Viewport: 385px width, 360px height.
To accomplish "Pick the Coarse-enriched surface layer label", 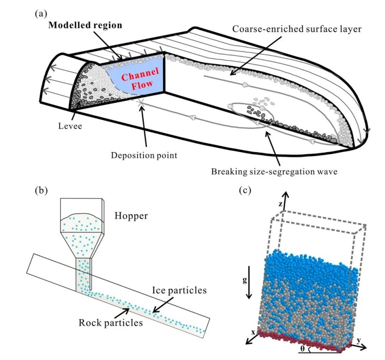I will [x=296, y=29].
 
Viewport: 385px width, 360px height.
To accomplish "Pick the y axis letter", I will [x=359, y=340].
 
